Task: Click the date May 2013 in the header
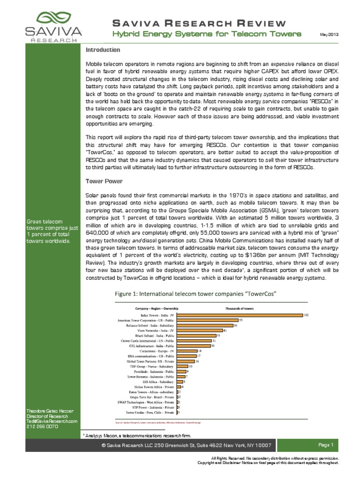329,35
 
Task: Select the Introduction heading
103,50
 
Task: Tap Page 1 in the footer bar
325,445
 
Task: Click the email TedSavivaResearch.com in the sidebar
52,421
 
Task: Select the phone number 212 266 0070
42,427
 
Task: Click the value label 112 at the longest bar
306,315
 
